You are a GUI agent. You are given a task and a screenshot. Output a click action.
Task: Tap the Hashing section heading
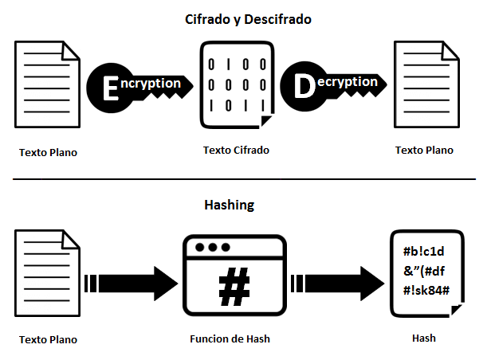[x=228, y=205]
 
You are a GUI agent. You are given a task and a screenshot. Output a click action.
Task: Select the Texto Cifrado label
[x=236, y=150]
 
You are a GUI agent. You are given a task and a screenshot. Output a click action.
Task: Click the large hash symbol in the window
[x=234, y=288]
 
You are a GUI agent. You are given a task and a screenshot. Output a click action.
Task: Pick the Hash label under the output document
[x=423, y=338]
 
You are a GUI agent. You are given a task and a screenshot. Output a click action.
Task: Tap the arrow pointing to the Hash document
[x=338, y=281]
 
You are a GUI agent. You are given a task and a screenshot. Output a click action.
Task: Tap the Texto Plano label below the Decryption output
[x=424, y=150]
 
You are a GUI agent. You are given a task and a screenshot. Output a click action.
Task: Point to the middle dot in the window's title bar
[x=211, y=247]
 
